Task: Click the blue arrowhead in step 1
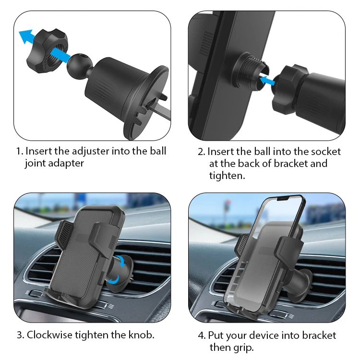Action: coord(25,36)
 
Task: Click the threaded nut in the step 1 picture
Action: coord(48,51)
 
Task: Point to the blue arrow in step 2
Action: coord(266,80)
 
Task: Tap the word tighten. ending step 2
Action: coord(227,176)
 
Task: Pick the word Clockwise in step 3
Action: coord(49,335)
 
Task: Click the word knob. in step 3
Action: coord(141,335)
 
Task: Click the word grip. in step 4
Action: coord(243,348)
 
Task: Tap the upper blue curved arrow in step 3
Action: coord(121,261)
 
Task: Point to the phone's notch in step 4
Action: coord(283,198)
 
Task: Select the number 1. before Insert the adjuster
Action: coord(20,152)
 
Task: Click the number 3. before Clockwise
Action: coord(21,335)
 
